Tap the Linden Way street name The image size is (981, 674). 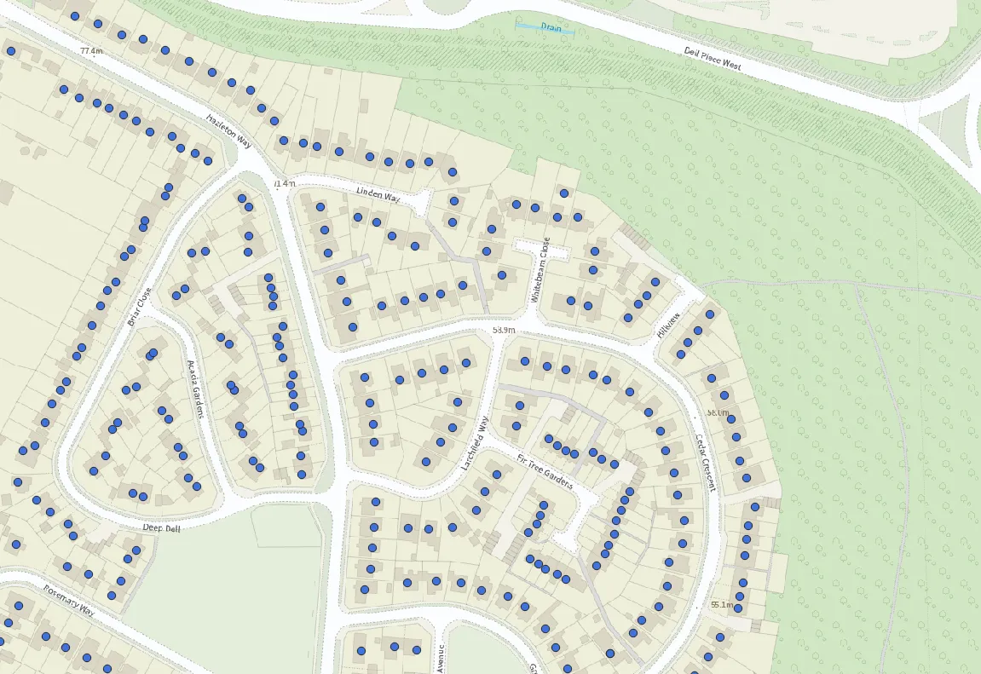(378, 195)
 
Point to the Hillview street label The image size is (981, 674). (669, 326)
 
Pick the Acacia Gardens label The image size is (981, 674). (197, 389)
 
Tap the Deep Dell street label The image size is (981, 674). (162, 528)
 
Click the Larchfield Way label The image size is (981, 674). (476, 444)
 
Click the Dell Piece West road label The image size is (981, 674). (713, 59)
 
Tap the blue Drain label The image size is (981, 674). (551, 27)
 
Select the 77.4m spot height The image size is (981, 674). (90, 51)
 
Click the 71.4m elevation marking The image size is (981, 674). (284, 183)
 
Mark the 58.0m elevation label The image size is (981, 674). (718, 413)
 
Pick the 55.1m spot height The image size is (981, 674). (721, 605)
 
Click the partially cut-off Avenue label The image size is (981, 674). (441, 659)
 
